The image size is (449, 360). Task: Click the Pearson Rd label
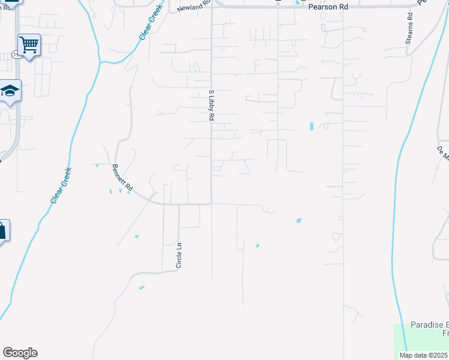pyautogui.click(x=328, y=7)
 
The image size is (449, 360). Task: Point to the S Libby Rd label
pyautogui.click(x=211, y=106)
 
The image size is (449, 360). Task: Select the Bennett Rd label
pyautogui.click(x=122, y=179)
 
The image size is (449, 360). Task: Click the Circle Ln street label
pyautogui.click(x=179, y=255)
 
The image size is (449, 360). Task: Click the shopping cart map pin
pyautogui.click(x=29, y=44)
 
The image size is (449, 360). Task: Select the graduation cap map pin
pyautogui.click(x=10, y=91)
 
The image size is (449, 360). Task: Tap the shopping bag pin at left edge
pyautogui.click(x=2, y=230)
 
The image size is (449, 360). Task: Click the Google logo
pyautogui.click(x=20, y=353)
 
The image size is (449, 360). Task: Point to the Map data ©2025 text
pyautogui.click(x=423, y=355)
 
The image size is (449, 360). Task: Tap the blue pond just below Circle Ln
pyautogui.click(x=142, y=288)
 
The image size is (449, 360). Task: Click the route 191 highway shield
pyautogui.click(x=13, y=55)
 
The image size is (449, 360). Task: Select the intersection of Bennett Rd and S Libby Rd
pyautogui.click(x=211, y=203)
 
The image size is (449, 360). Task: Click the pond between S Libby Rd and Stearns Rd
pyautogui.click(x=311, y=127)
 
